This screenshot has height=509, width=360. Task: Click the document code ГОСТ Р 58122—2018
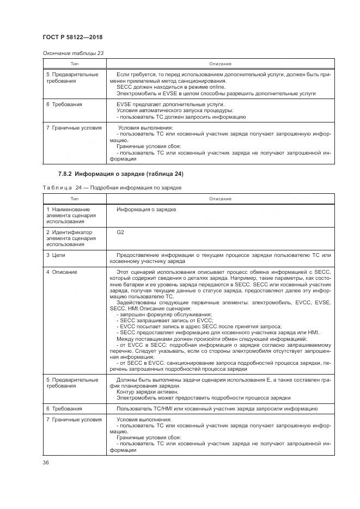click(x=72, y=37)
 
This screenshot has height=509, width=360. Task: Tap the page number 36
click(x=46, y=462)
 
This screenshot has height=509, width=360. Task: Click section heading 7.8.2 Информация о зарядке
click(x=121, y=174)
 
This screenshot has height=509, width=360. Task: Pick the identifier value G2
click(x=120, y=232)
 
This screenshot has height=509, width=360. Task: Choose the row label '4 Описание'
click(x=62, y=272)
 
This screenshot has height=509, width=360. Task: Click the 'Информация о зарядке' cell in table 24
click(x=146, y=210)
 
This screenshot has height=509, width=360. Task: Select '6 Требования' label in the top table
click(x=64, y=105)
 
